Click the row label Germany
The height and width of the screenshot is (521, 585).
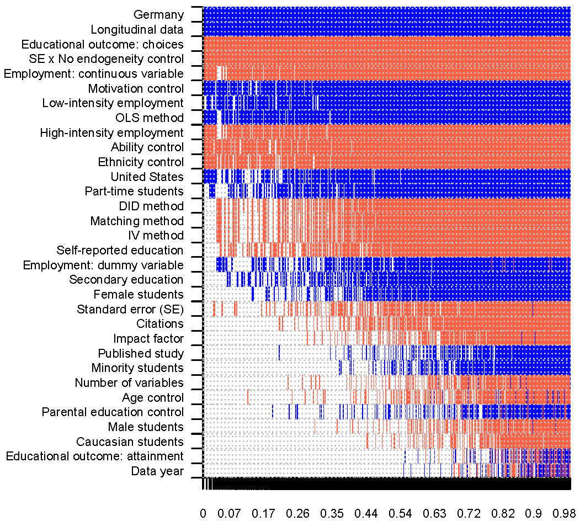pos(158,15)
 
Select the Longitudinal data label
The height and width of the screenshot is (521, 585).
pos(137,30)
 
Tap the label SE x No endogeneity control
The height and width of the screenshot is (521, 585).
pos(107,59)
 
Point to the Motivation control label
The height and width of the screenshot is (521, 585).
pos(136,88)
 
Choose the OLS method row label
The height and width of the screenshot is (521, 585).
pos(150,118)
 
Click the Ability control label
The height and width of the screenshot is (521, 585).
pos(147,147)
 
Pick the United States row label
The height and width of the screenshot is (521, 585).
pos(147,177)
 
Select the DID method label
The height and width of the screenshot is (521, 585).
pos(151,206)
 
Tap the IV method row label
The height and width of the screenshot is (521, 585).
pos(156,236)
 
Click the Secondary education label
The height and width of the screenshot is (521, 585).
pos(126,279)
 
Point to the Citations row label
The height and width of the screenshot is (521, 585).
pos(160,323)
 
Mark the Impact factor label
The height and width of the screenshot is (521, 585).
pos(148,338)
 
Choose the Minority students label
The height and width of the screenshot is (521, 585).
pos(137,368)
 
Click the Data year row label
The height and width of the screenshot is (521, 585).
pos(157,471)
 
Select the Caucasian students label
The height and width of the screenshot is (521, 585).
pos(130,442)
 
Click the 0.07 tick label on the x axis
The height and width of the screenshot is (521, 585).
pos(229,513)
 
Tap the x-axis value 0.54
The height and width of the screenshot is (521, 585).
pos(400,513)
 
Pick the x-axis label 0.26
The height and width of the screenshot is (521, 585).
pos(297,513)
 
